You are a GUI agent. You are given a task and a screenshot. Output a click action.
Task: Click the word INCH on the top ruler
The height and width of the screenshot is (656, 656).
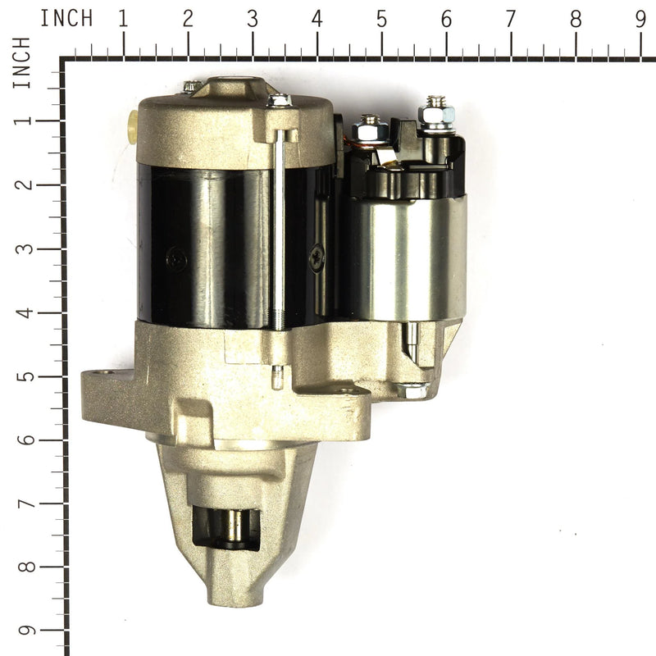tap(66, 18)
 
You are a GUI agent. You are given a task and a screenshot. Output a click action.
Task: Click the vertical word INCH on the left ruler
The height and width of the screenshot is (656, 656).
tap(21, 62)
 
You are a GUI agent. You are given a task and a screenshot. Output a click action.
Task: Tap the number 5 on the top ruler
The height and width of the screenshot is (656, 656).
tap(381, 19)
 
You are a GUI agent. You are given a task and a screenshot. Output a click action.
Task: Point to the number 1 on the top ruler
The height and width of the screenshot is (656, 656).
tap(123, 19)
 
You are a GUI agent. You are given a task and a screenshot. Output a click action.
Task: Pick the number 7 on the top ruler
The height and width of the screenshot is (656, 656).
tap(511, 19)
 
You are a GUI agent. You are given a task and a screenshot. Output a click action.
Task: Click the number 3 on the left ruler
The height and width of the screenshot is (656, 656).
tap(23, 248)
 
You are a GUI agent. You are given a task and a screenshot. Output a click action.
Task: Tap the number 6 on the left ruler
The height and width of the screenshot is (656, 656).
tap(23, 440)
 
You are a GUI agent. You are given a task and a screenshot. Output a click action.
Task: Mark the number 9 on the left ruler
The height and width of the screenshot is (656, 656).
tap(23, 631)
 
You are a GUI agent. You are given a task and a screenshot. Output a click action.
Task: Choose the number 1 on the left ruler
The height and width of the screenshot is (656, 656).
tap(23, 120)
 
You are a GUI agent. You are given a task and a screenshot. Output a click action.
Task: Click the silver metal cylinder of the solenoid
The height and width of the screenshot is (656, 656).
tap(406, 254)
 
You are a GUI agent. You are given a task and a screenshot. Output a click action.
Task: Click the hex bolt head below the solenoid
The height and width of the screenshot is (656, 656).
tap(414, 389)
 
